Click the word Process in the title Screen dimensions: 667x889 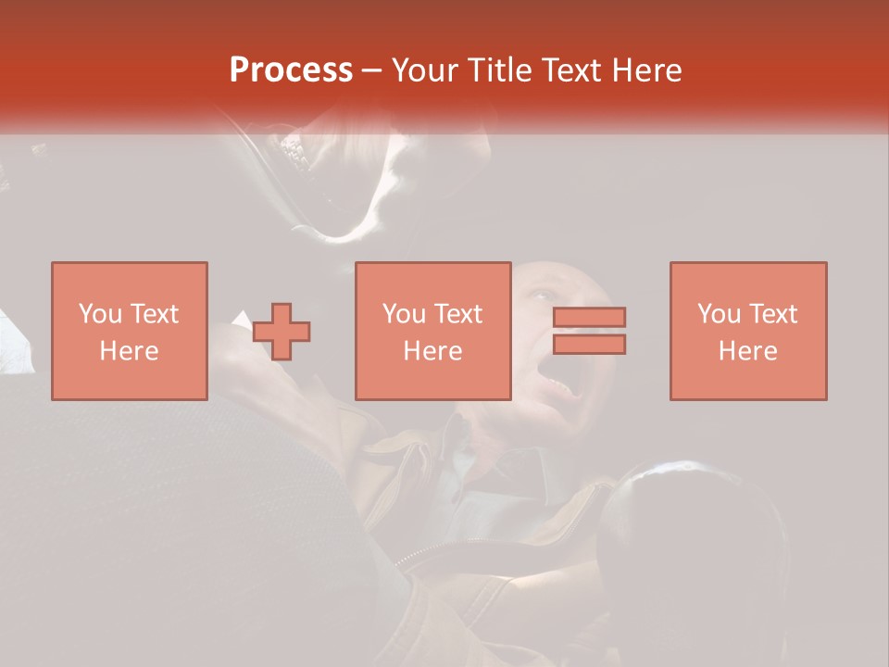coord(291,70)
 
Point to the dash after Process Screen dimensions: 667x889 coord(372,71)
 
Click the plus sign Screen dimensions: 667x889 coord(282,332)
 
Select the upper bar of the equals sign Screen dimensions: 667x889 coord(589,317)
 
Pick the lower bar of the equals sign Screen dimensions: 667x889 coord(589,345)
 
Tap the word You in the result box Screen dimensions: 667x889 coord(719,314)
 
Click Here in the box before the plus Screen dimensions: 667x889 coord(129,351)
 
